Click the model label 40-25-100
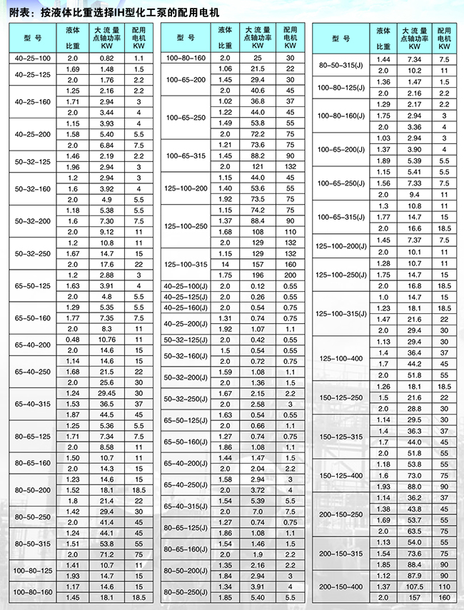[x=44, y=56]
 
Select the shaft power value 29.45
[x=106, y=393]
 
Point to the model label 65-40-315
[x=44, y=404]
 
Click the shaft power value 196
[x=257, y=275]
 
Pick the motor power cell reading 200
[x=291, y=275]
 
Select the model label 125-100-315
[x=186, y=265]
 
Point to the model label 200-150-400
[x=341, y=585]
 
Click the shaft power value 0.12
[x=257, y=286]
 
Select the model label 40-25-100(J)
[x=186, y=286]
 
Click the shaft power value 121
[x=257, y=166]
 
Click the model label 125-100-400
[x=341, y=358]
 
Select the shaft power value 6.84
[x=106, y=144]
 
